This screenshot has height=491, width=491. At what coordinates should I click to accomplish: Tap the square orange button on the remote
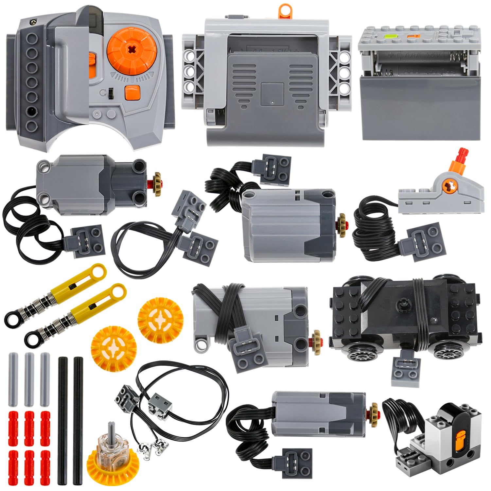(x=132, y=92)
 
